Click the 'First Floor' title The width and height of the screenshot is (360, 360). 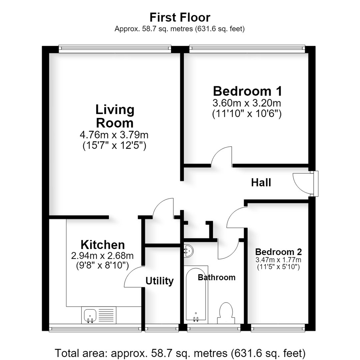[180, 17]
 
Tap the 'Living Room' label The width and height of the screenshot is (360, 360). [115, 116]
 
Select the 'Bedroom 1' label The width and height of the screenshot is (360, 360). [247, 91]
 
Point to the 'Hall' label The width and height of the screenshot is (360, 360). [261, 183]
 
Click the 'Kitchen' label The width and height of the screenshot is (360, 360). [103, 245]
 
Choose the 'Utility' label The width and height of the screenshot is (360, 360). [160, 281]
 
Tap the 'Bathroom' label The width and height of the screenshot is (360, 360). [217, 277]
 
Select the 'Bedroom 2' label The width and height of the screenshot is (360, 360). [278, 252]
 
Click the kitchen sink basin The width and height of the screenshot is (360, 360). [90, 315]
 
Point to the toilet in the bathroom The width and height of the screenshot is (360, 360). [226, 313]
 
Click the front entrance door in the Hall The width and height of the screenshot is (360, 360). [305, 183]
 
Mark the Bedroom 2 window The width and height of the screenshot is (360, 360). [278, 328]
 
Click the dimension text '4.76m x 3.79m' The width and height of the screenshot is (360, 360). [114, 135]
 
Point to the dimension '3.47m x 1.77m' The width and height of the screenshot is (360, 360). [278, 260]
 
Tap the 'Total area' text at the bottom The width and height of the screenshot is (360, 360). [180, 353]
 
